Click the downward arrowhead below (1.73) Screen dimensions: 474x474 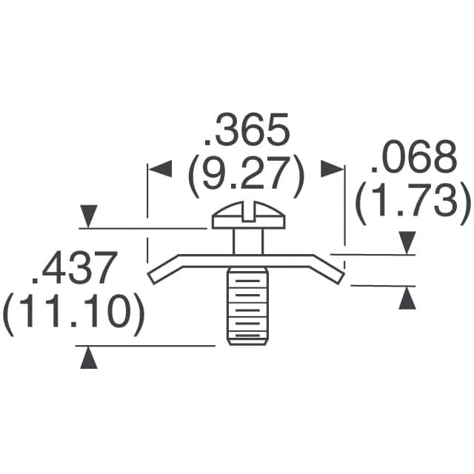point(407,242)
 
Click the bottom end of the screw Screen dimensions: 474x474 point(245,341)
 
